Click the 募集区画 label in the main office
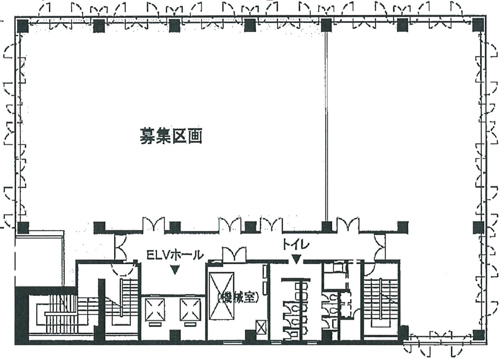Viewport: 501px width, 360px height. coord(171,137)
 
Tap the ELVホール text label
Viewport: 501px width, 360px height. coord(175,255)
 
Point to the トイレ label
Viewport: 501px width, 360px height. coord(296,245)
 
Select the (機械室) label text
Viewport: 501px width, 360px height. coord(238,298)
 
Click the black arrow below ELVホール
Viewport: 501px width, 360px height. coord(175,270)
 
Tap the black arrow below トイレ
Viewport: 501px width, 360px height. coord(296,259)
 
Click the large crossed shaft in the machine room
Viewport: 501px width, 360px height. coord(221,295)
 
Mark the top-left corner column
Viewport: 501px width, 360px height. coord(23,25)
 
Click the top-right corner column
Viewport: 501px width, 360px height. coord(478,25)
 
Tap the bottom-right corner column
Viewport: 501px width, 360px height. coord(478,335)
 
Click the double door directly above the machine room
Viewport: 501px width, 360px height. coord(234,254)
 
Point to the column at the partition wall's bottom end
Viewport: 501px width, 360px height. coord(326,227)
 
